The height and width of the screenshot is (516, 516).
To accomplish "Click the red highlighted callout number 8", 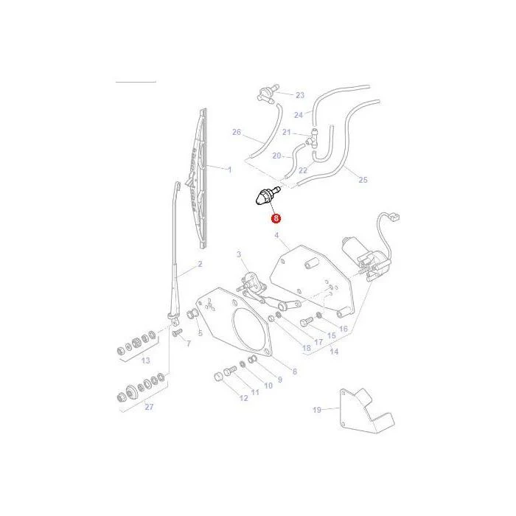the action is [x=276, y=218].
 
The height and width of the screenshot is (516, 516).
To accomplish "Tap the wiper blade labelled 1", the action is [x=200, y=178].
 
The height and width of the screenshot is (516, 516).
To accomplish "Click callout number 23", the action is [x=300, y=95].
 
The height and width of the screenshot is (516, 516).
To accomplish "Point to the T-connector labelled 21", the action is [x=312, y=138].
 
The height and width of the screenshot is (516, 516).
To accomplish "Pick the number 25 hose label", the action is [x=363, y=180].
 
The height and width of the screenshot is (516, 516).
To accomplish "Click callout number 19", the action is [x=316, y=410].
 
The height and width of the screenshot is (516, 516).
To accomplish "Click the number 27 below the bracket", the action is [x=149, y=407].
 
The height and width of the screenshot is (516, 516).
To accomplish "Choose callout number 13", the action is [x=145, y=360].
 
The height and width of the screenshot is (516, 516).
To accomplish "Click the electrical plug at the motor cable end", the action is [x=394, y=217].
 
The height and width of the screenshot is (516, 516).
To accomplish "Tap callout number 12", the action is [x=243, y=398].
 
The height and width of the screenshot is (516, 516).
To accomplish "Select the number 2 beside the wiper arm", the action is [x=200, y=264].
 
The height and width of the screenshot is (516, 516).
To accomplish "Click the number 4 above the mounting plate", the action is [x=276, y=235].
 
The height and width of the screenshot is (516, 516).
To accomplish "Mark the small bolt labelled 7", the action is [x=177, y=332].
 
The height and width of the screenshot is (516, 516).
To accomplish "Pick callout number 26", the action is [x=237, y=132].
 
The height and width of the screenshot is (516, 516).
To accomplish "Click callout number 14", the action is [x=334, y=352].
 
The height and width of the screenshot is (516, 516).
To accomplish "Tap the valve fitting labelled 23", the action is [x=267, y=94].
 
